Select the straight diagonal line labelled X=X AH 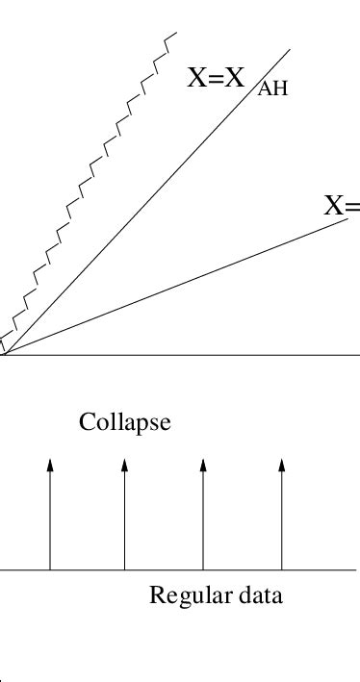[144, 203]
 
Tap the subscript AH [273, 89]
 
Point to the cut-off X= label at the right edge [342, 205]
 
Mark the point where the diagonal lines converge [3, 355]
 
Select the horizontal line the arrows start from [173, 569]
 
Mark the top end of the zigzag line [175, 34]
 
